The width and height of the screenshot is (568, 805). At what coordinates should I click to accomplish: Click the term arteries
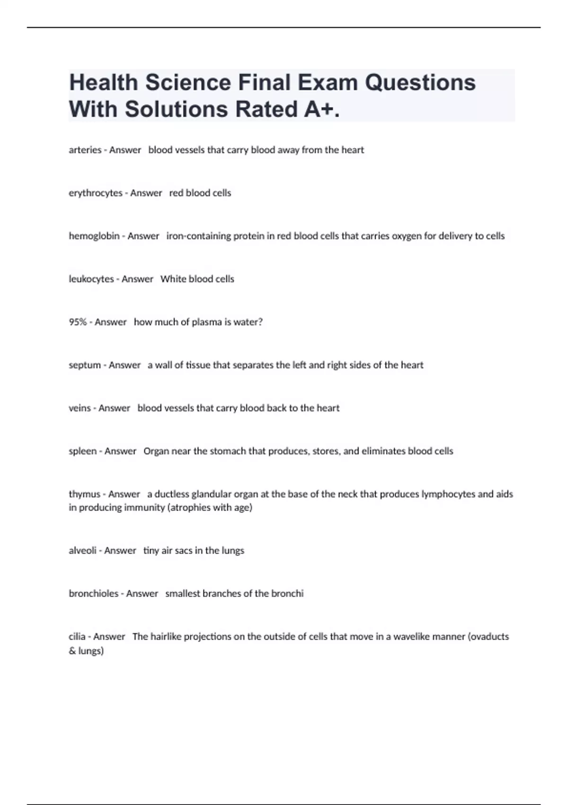pyautogui.click(x=85, y=150)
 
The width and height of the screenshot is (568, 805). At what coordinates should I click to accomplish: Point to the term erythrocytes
pyautogui.click(x=96, y=193)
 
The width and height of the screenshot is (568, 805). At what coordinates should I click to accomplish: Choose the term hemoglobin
pyautogui.click(x=94, y=236)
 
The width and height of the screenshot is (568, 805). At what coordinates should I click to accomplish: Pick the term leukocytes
pyautogui.click(x=91, y=279)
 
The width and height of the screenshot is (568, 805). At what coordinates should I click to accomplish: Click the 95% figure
pyautogui.click(x=78, y=322)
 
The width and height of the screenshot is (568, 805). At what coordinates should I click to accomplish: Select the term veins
pyautogui.click(x=80, y=408)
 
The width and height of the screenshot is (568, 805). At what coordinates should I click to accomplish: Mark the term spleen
pyautogui.click(x=83, y=451)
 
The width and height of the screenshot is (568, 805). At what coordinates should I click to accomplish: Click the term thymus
pyautogui.click(x=84, y=494)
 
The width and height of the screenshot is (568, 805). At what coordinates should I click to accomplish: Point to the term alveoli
pyautogui.click(x=83, y=551)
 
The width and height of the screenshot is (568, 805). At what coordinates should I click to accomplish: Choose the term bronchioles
pyautogui.click(x=94, y=594)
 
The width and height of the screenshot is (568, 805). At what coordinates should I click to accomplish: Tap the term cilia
pyautogui.click(x=77, y=637)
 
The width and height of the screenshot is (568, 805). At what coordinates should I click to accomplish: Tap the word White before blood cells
pyautogui.click(x=173, y=279)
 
